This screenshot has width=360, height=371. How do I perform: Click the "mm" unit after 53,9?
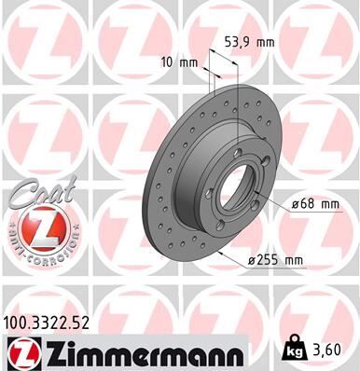tap(270, 41)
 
